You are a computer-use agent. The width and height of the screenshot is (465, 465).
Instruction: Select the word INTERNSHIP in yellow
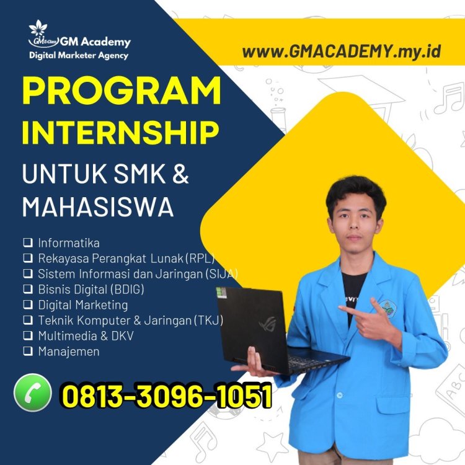121,133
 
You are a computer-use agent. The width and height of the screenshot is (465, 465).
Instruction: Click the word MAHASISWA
98,207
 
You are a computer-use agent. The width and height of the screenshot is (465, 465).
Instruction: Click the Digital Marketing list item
82,304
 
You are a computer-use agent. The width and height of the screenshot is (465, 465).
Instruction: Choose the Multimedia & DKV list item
86,336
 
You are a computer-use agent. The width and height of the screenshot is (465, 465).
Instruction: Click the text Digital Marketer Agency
79,56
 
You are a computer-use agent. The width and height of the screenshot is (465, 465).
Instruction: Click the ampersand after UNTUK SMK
179,174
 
